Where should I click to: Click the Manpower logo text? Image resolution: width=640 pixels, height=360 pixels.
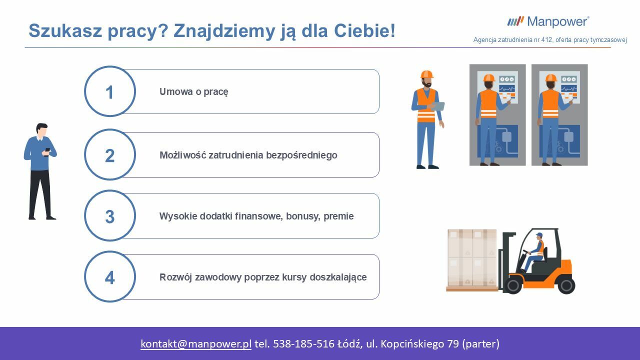point(557,22)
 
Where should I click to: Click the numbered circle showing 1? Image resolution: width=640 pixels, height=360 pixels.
point(110,91)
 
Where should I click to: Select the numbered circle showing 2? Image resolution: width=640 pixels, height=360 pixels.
point(110,154)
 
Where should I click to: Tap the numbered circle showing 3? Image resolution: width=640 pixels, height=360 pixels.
point(110,215)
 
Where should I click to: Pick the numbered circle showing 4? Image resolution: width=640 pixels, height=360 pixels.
point(110,276)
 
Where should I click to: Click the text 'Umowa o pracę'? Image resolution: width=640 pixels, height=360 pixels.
point(193,92)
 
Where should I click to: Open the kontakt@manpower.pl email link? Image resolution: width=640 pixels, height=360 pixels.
point(196,343)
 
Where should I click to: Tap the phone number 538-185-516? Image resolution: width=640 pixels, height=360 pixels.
point(303,343)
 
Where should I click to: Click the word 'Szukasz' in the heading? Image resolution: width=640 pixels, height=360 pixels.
point(65,30)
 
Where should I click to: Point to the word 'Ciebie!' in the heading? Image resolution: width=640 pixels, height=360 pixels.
point(365,30)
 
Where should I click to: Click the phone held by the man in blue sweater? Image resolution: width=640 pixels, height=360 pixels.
point(47,150)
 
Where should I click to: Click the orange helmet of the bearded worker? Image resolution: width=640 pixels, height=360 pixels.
point(427,74)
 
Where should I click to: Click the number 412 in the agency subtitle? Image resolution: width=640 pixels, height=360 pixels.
point(546,40)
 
